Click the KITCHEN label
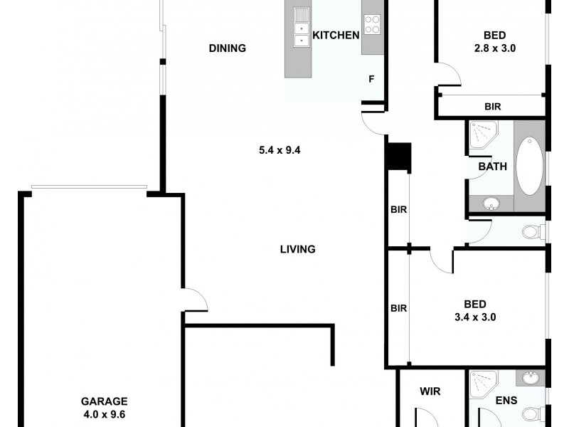pos(336,36)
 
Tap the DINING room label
pos(228,48)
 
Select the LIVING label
pos(297,249)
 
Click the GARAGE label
pos(103,401)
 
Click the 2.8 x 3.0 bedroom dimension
pos(495,48)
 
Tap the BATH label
pos(492,167)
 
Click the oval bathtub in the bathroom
pos(528,166)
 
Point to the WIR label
pos(430,391)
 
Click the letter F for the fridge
pos(371,79)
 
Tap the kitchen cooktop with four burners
pos(373,25)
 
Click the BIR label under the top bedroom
pos(493,107)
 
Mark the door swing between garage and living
pos(194,301)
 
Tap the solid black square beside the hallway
pos(398,157)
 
